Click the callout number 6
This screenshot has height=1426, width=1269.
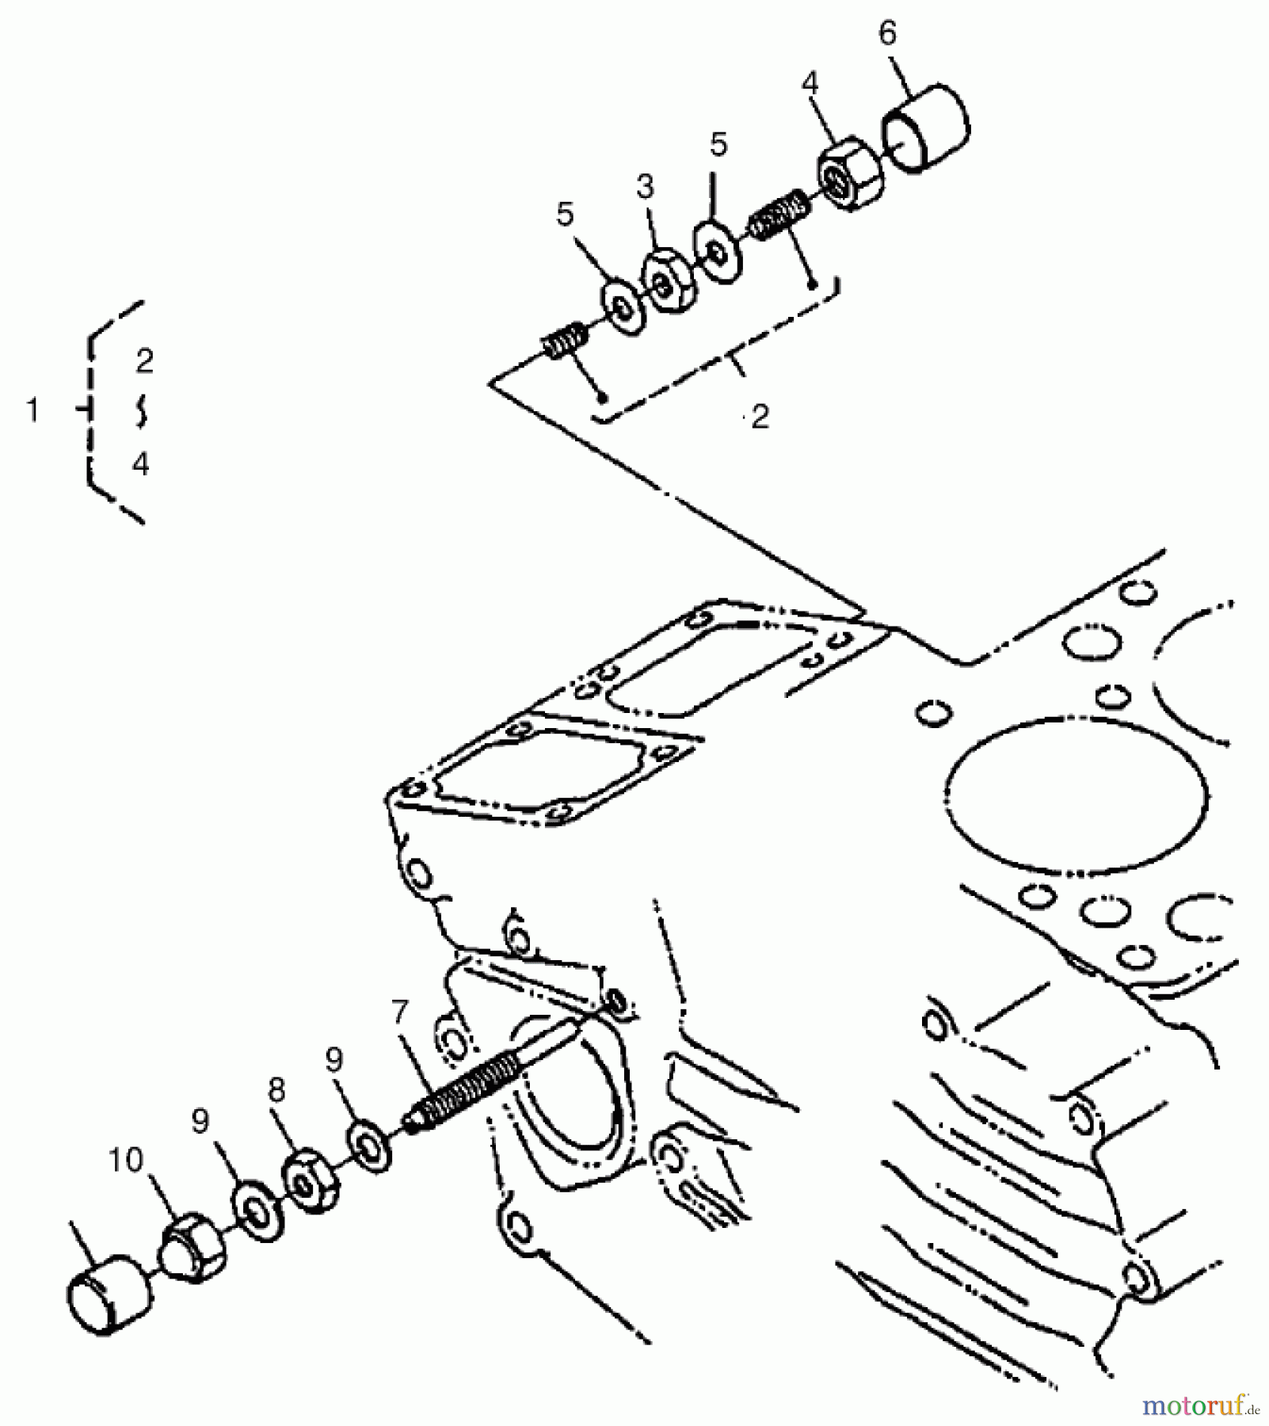coord(888,34)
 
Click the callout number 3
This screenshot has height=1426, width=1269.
coord(646,188)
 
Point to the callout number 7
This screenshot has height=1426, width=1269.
coord(400,1012)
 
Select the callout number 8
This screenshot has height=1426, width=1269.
coord(276,1091)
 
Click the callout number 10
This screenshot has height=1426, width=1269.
coord(125,1161)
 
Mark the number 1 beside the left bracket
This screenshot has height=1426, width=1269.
coord(32,410)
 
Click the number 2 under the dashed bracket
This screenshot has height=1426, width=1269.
coord(760,417)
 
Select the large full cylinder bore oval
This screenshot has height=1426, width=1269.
coord(1077,792)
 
